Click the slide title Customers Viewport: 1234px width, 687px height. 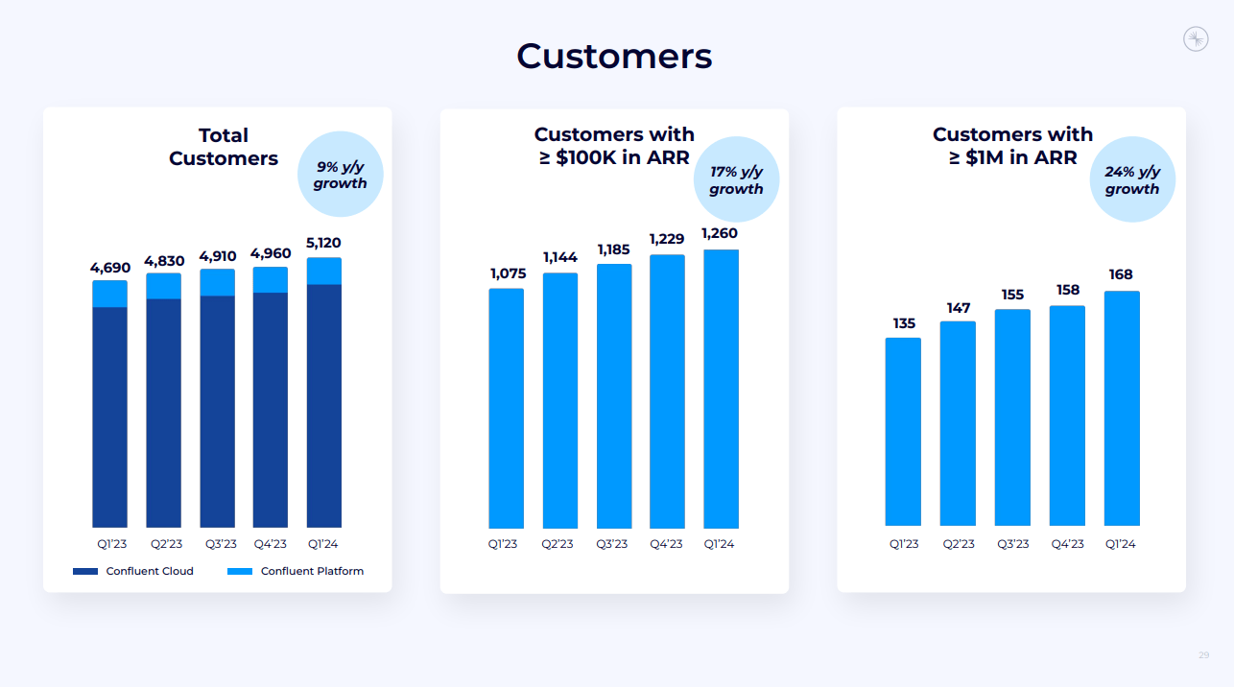tap(614, 57)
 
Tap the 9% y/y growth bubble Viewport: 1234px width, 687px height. tap(341, 175)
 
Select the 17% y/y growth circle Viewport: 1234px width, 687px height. tap(736, 180)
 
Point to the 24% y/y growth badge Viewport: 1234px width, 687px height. tap(1132, 180)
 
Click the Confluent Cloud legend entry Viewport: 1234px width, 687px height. tap(133, 571)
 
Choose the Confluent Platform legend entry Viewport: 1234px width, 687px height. tap(297, 571)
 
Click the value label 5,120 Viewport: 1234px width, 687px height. tap(323, 243)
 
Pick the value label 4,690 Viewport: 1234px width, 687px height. tap(109, 267)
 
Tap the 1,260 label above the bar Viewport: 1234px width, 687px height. tap(721, 233)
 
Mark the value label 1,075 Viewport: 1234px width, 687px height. tap(506, 273)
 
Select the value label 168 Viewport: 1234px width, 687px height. tap(1121, 275)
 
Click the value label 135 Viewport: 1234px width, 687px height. tap(903, 323)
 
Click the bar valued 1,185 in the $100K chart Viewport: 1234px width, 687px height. tap(614, 395)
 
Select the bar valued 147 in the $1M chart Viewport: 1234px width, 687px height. tap(958, 423)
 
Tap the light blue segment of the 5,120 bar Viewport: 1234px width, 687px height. tap(323, 271)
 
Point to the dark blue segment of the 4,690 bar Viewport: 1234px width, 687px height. tap(109, 416)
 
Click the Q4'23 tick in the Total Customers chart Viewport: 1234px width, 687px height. tap(270, 544)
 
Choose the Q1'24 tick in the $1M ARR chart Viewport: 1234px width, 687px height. tap(1121, 544)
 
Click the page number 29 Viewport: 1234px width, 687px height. tap(1203, 655)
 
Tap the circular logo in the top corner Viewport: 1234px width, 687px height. tap(1196, 39)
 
